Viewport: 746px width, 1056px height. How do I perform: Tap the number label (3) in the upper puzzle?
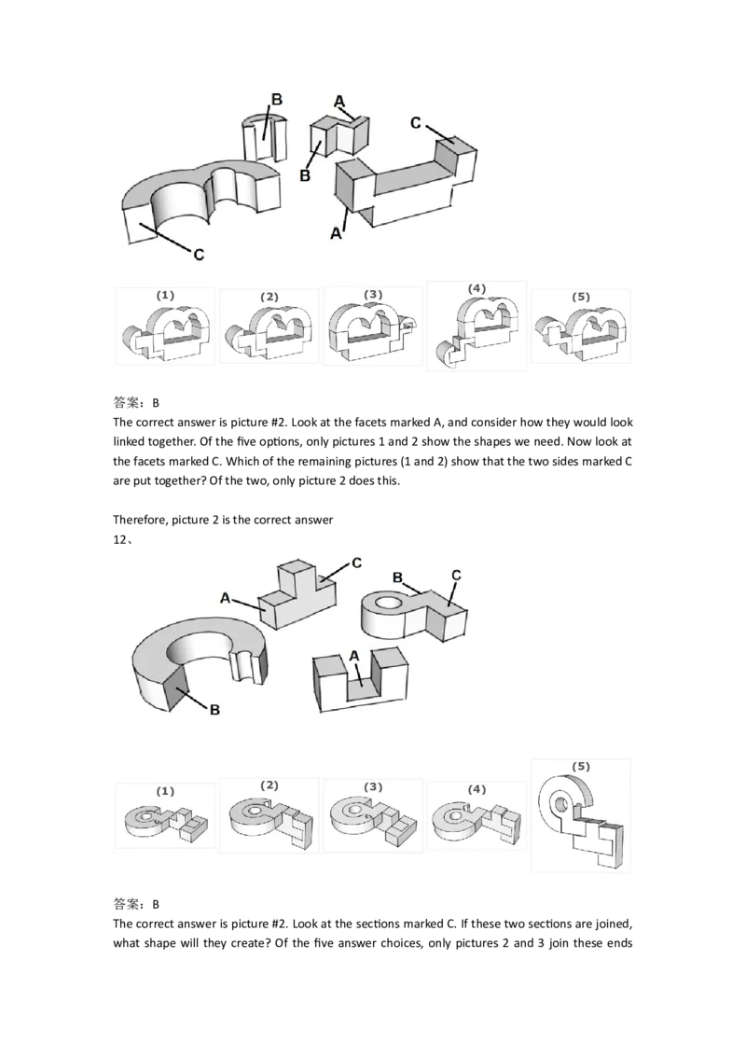click(x=373, y=295)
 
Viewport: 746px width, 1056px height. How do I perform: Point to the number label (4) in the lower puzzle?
click(x=477, y=789)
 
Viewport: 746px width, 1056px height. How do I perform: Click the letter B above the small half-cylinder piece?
click(x=276, y=100)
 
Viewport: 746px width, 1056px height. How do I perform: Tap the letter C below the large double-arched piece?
click(x=198, y=253)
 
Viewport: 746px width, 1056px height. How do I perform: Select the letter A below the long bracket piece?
click(x=336, y=235)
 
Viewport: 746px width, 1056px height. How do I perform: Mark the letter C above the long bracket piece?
click(x=416, y=122)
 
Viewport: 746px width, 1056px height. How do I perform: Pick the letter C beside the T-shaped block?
click(x=355, y=563)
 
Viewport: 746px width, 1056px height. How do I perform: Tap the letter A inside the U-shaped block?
click(x=354, y=656)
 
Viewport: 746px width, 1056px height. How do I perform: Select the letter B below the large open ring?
click(x=214, y=710)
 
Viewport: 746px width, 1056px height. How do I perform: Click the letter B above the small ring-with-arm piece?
click(x=396, y=577)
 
